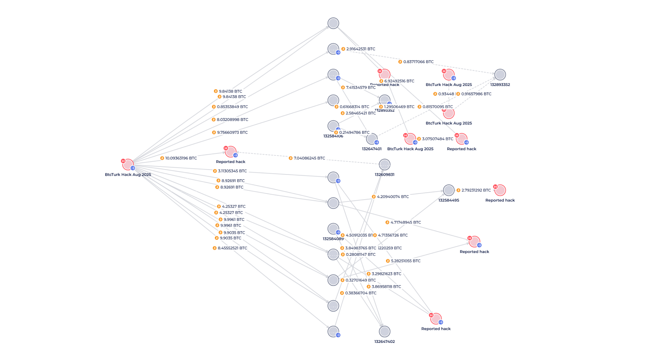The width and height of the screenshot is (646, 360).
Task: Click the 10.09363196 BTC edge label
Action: (x=181, y=158)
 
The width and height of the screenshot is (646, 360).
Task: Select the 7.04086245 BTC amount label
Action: (x=309, y=158)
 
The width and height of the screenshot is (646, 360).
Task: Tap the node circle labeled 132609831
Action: (x=385, y=165)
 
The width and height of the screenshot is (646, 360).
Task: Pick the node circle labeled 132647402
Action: (x=385, y=331)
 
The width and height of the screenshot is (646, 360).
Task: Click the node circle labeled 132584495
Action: (x=449, y=190)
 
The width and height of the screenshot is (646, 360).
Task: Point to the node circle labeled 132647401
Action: (x=372, y=139)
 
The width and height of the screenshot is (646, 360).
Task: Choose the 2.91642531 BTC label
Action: (x=360, y=49)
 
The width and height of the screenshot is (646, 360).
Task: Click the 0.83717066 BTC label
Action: (x=418, y=62)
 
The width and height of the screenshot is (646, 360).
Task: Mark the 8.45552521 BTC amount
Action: (x=232, y=248)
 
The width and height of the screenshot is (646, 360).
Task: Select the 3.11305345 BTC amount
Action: (x=232, y=171)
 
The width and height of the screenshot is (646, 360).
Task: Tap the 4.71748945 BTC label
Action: (x=405, y=222)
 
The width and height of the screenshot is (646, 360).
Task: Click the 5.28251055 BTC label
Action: (x=405, y=261)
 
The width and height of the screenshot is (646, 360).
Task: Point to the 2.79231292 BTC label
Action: (x=476, y=190)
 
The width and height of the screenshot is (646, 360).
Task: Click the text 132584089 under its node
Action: (x=333, y=239)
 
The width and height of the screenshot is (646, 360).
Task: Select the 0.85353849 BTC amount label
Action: (x=232, y=107)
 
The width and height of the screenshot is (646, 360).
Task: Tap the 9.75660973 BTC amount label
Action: (x=232, y=133)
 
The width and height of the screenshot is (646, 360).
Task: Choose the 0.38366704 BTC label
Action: (x=361, y=293)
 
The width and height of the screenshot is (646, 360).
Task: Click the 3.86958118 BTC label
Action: (x=386, y=287)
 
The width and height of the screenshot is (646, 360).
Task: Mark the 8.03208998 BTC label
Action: (x=232, y=120)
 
